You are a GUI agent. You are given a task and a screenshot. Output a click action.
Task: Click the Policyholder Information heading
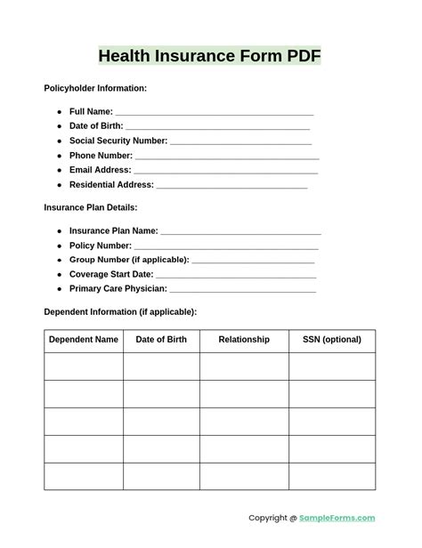(x=95, y=88)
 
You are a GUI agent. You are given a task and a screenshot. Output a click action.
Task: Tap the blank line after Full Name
(x=214, y=114)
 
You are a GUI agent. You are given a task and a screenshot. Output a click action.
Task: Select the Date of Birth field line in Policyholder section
(x=217, y=128)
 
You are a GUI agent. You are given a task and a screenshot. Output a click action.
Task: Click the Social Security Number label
(x=118, y=141)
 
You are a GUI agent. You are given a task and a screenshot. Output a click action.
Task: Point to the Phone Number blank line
(x=226, y=157)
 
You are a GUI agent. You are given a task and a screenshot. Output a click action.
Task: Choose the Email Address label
(x=100, y=170)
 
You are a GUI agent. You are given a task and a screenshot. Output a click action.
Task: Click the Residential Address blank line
(x=231, y=187)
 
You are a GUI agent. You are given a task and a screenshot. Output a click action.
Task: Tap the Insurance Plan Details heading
(x=91, y=207)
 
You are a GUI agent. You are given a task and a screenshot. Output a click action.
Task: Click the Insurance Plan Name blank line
(x=240, y=232)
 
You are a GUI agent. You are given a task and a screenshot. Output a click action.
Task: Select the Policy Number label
(x=101, y=246)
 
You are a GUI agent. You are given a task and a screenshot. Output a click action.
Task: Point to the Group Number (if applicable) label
(x=129, y=260)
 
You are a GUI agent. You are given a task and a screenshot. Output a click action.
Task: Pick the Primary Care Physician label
(x=118, y=289)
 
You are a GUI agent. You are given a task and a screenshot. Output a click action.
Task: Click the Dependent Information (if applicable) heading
(x=120, y=312)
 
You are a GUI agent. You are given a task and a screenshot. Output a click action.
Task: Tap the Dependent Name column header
(x=84, y=340)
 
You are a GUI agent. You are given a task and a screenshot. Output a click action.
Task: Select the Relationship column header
(x=244, y=340)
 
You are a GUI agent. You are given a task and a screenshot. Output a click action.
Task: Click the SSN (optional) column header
(x=331, y=340)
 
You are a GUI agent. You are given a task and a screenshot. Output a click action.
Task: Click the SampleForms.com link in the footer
(x=337, y=519)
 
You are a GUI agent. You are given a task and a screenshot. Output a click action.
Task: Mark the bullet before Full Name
(x=60, y=112)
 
